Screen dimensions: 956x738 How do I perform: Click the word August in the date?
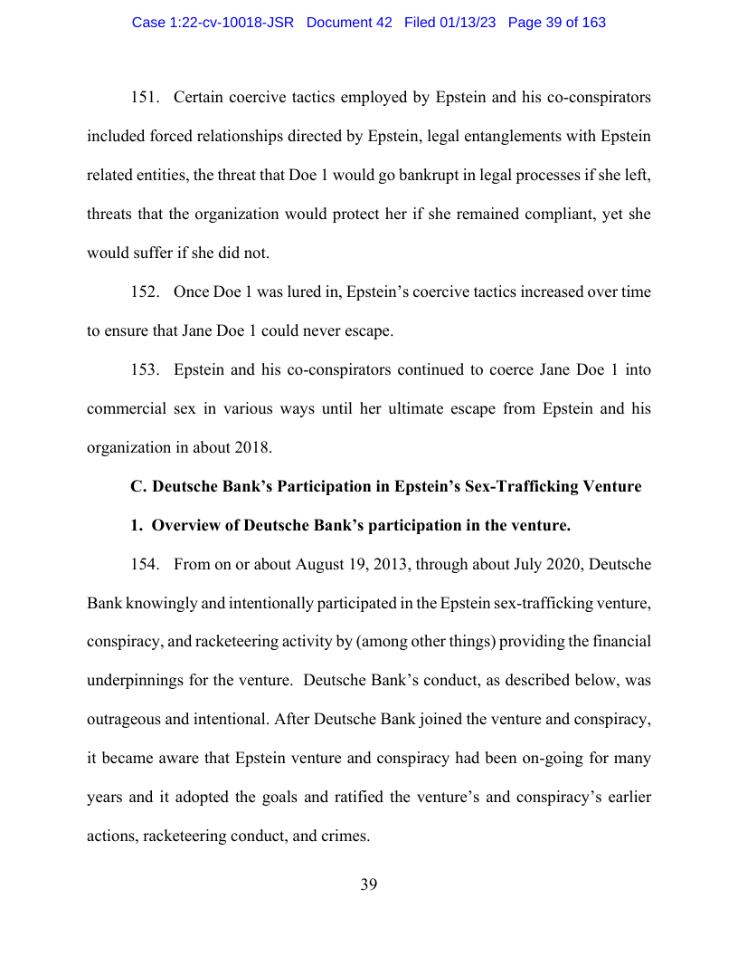pyautogui.click(x=322, y=565)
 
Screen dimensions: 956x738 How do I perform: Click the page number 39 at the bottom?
pyautogui.click(x=369, y=885)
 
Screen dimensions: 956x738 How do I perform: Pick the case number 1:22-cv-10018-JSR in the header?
pyautogui.click(x=213, y=23)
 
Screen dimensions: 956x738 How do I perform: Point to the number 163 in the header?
pyautogui.click(x=593, y=23)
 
